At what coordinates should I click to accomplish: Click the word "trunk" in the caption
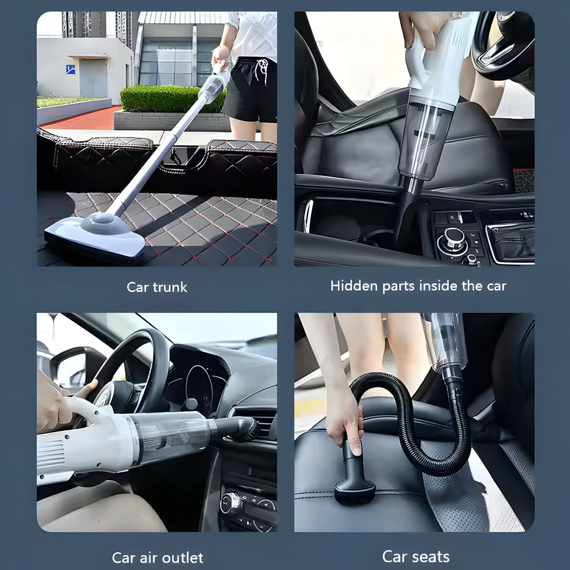(x=169, y=287)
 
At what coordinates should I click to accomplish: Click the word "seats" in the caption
(x=430, y=556)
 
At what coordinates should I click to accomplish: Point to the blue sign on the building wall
(x=70, y=69)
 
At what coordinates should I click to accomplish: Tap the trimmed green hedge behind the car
(x=167, y=99)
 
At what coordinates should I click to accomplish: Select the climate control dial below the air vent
(x=230, y=503)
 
